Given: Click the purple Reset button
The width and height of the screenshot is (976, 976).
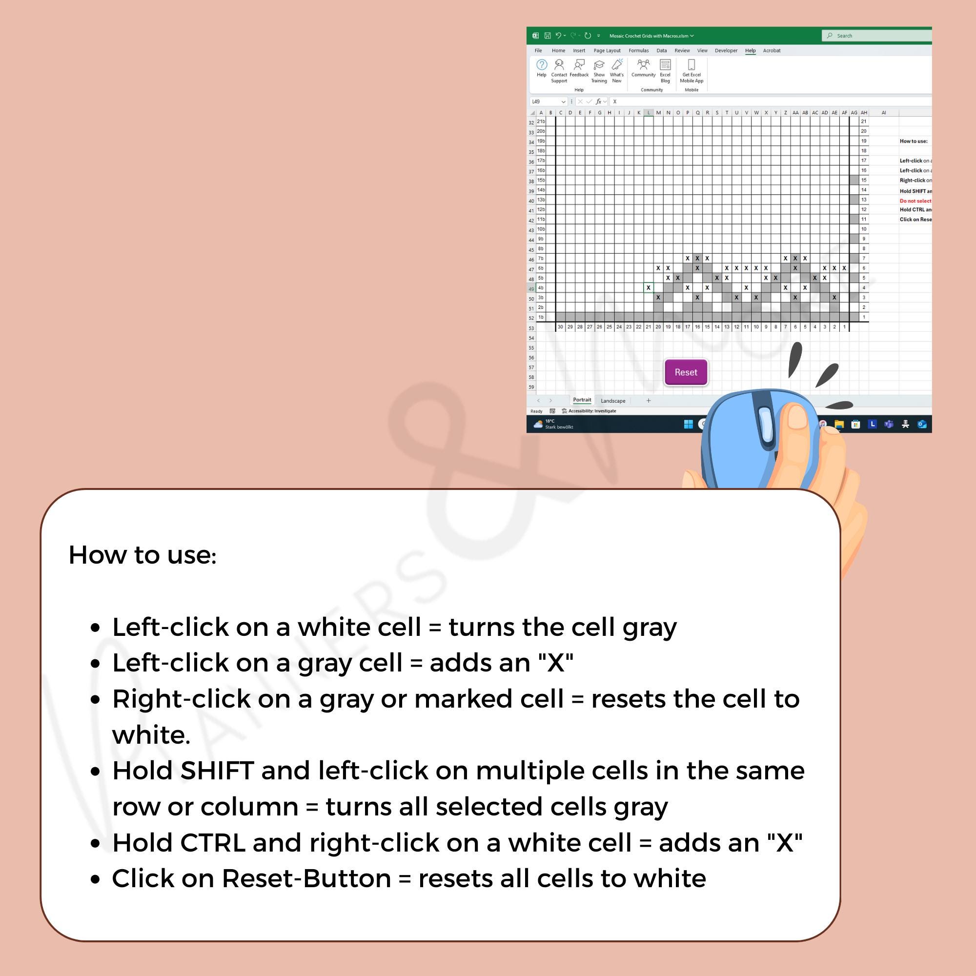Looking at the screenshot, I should [686, 372].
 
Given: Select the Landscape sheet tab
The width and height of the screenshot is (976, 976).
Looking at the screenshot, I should [613, 401].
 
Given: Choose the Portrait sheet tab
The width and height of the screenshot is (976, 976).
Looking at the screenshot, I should [582, 400].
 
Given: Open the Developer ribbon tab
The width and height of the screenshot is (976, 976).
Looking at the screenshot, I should [726, 51].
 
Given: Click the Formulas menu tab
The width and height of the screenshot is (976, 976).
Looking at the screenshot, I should [638, 51].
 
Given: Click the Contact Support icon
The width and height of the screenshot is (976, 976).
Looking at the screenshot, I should [559, 65].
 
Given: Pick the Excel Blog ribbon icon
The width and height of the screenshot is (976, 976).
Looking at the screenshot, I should [665, 65].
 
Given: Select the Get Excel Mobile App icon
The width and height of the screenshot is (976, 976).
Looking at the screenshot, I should [691, 65].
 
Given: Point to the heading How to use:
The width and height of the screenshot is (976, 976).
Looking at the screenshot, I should [142, 555].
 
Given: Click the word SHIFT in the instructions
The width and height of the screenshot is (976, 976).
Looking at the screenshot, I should [217, 771].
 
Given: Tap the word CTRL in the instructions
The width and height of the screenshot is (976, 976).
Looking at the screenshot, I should [212, 843].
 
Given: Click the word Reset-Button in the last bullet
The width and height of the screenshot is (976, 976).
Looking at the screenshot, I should [306, 878].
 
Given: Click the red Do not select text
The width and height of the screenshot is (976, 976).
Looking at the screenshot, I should [915, 201].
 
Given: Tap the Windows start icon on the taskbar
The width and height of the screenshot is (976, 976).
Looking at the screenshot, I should [688, 425].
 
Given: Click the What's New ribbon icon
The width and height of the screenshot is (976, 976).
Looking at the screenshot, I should [617, 65].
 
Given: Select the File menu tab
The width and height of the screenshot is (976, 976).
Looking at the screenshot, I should [538, 51].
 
